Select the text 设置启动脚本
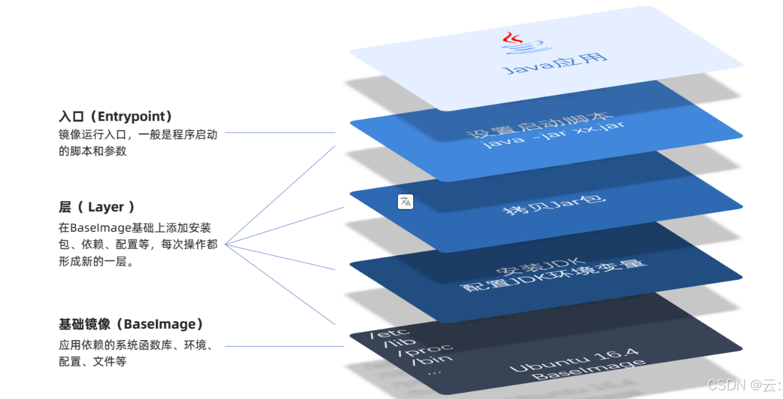[540, 125]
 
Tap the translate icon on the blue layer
[406, 201]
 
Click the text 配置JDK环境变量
[554, 276]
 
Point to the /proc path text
[426, 349]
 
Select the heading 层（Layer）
[97, 207]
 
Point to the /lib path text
[400, 341]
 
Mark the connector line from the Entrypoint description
[280, 132]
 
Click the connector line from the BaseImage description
[284, 346]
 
